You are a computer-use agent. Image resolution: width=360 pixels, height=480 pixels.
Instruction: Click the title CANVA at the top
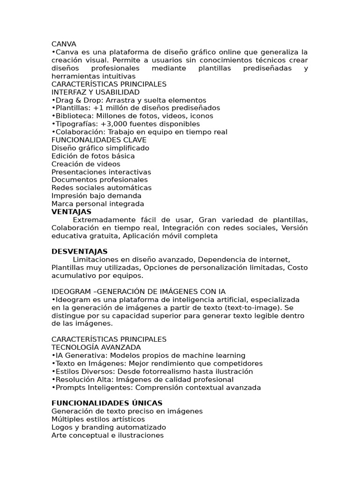tap(64, 44)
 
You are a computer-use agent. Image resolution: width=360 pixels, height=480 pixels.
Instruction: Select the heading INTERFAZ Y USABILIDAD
tap(96, 92)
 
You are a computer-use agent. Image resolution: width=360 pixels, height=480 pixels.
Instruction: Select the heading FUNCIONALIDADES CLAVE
tap(99, 140)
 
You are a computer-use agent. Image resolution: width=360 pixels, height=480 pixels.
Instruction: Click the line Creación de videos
tap(86, 164)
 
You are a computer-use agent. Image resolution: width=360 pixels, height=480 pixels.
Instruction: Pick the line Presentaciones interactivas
tap(101, 172)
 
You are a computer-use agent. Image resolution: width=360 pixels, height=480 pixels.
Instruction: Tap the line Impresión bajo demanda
tap(97, 195)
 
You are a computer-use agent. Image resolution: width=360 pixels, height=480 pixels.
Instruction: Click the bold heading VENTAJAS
tap(71, 212)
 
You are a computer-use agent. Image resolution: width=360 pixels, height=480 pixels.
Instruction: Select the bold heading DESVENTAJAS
tap(79, 251)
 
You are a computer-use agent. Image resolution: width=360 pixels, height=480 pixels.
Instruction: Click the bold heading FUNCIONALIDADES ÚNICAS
tap(107, 403)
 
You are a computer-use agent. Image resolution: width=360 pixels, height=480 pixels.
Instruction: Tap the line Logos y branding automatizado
tap(109, 427)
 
